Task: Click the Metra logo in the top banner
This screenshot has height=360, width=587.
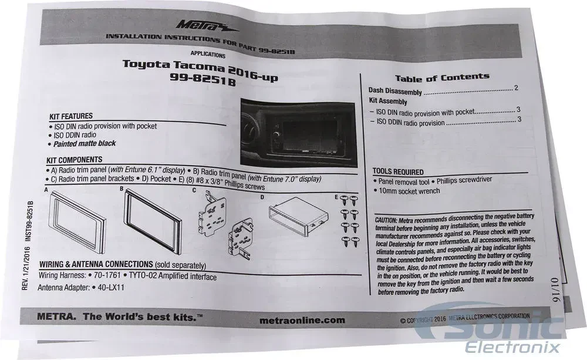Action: coord(206,26)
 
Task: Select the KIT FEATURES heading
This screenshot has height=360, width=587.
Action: coord(71,116)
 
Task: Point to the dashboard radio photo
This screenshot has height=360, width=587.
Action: coord(298,132)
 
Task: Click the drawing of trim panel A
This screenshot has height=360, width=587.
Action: coord(77,216)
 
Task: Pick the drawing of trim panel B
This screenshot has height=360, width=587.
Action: coord(153,221)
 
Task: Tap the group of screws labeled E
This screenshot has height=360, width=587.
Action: coord(350,221)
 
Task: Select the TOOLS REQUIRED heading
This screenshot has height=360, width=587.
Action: coord(398,172)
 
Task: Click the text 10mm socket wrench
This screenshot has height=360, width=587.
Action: coord(409,191)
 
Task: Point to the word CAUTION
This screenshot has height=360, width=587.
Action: coord(385,220)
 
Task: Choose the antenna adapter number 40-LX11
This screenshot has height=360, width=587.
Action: coord(111,288)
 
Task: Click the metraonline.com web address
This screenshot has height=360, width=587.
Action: coord(302,320)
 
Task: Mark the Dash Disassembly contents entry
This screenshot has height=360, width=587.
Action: coord(395,91)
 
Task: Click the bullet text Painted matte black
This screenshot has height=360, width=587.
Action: coord(85,144)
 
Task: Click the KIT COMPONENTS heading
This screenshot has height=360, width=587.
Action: coord(75,160)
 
